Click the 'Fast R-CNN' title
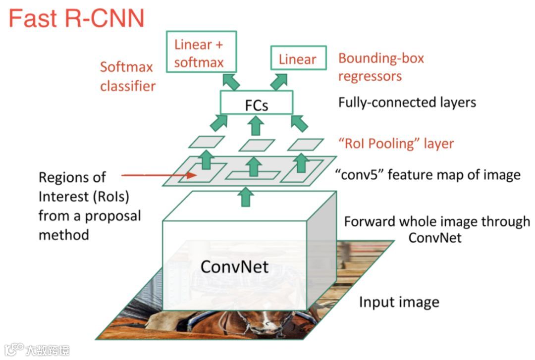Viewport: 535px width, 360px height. [x=76, y=18]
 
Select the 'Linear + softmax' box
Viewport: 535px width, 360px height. [x=199, y=53]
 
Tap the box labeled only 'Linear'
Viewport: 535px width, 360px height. [x=297, y=59]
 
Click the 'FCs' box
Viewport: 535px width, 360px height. [x=257, y=105]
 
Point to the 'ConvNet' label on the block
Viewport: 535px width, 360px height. [x=234, y=267]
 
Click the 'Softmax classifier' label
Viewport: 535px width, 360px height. [x=128, y=76]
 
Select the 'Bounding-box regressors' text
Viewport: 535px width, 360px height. [x=381, y=67]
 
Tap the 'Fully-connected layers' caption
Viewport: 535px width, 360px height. [x=407, y=103]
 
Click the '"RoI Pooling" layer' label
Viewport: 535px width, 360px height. [x=396, y=144]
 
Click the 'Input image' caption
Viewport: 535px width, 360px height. [x=399, y=302]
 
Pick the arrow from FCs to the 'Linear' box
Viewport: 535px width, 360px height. [x=279, y=81]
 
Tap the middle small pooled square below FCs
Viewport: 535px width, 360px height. [x=257, y=145]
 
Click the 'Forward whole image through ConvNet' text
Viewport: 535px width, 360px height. [x=436, y=229]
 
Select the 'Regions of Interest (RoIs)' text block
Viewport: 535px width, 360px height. [x=90, y=206]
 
